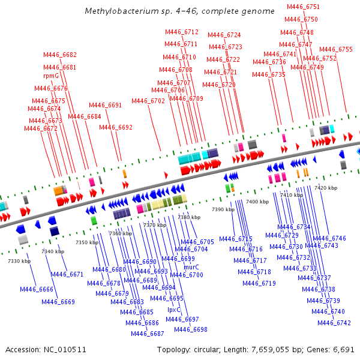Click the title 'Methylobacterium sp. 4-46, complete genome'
point(180,11)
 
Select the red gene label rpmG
point(51,76)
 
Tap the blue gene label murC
point(191,267)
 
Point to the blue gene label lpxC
point(174,310)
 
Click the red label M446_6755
point(336,50)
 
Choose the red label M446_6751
point(303,7)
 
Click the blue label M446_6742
point(334,323)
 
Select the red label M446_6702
point(148,101)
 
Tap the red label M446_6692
point(116,127)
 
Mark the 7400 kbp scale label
point(257,202)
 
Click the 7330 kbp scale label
point(19,261)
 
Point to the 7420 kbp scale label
point(326,188)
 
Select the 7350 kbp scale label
point(86,242)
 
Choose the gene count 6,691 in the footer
point(343,349)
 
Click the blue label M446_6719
point(259,283)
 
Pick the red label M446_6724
point(224,35)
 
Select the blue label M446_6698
point(191,329)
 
